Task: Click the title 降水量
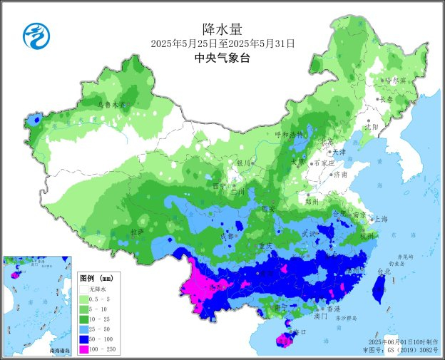[x=222, y=29]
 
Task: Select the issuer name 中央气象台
[x=222, y=59]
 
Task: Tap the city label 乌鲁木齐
[x=111, y=104]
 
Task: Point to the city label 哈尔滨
[x=394, y=81]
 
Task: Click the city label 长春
[x=386, y=99]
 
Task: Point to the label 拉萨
[x=137, y=232]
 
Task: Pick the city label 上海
[x=380, y=219]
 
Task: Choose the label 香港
[x=333, y=309]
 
